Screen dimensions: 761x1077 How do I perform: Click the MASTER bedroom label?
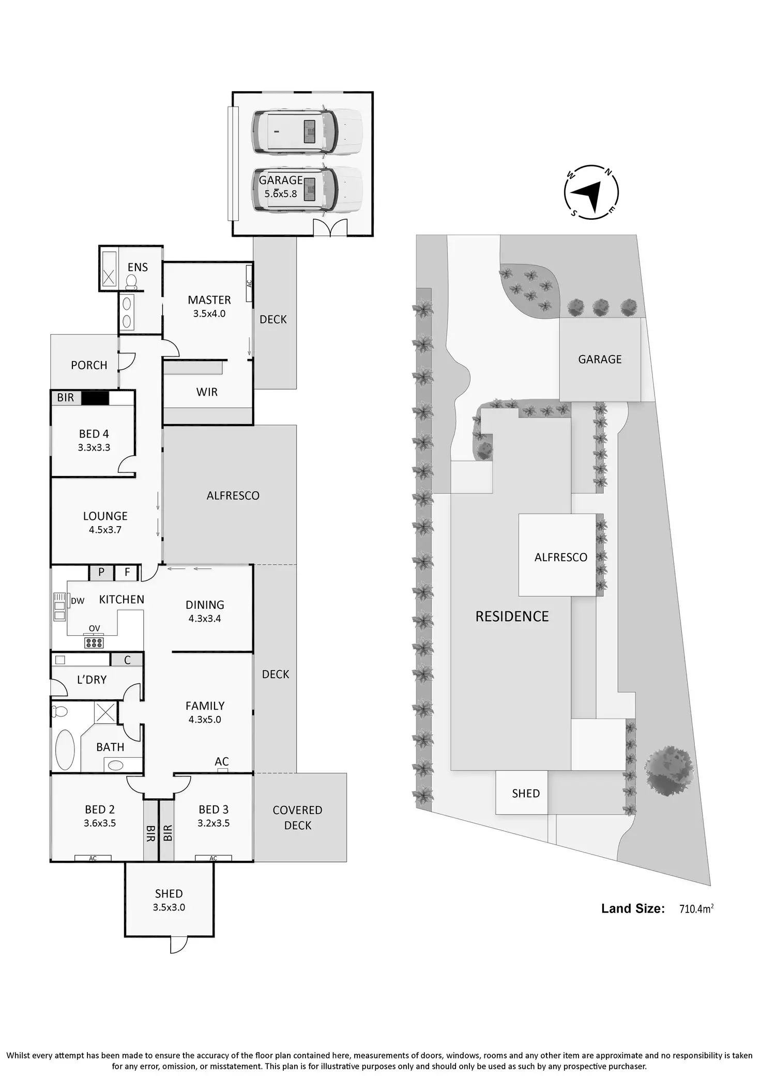209,300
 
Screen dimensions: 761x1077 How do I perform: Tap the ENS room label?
138,267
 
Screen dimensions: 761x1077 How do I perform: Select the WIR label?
207,392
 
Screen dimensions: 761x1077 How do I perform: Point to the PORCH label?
89,365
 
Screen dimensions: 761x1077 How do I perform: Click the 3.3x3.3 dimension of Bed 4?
94,448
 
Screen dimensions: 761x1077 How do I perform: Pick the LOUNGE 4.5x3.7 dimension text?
105,530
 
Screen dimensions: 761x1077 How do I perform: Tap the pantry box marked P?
101,572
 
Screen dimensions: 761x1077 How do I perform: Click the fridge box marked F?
127,572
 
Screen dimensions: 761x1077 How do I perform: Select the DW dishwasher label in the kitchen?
78,601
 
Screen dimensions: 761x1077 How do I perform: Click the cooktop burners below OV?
94,643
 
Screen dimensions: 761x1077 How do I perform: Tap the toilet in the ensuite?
131,281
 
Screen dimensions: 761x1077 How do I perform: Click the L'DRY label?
92,680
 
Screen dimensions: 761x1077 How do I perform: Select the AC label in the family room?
222,761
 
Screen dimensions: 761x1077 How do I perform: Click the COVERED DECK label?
298,818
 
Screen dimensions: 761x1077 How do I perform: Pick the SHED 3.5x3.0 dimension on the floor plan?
169,907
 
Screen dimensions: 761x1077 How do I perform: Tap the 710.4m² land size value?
696,909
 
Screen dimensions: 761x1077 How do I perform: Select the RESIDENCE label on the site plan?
512,617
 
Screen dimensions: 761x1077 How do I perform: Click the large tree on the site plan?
669,770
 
